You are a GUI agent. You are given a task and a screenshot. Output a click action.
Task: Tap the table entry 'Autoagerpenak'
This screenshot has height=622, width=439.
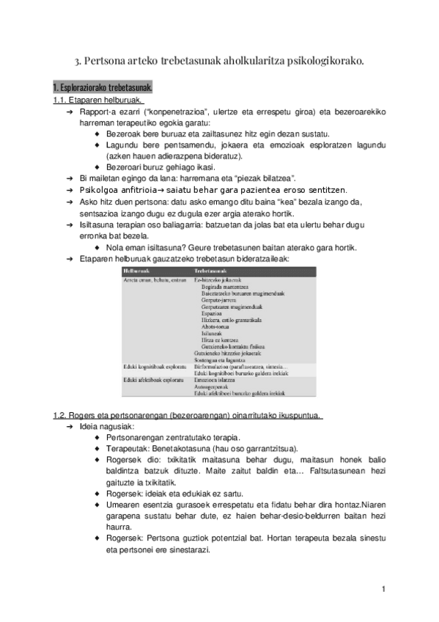[213, 387]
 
